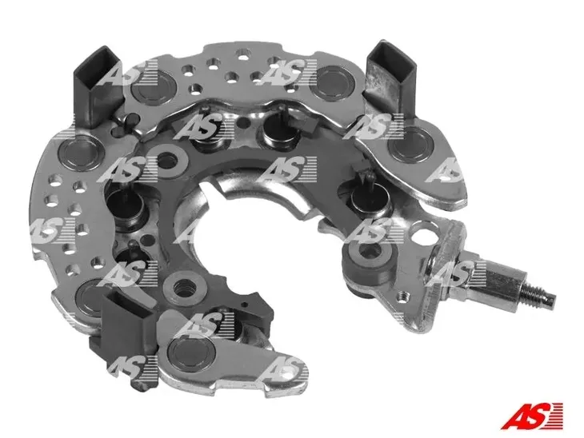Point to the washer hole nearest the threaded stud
point(369,257)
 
